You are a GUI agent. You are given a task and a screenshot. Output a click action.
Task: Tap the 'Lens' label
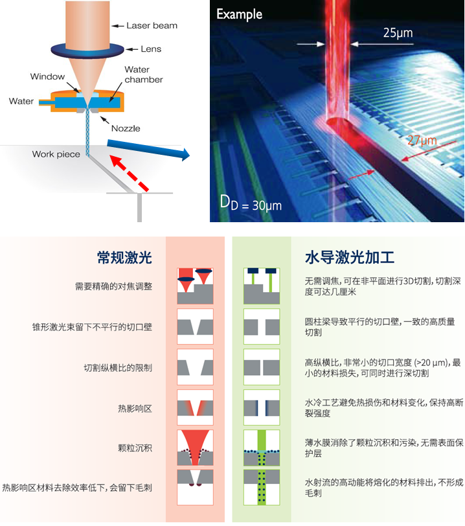point(150,49)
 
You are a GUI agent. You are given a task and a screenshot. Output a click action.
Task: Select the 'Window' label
point(48,77)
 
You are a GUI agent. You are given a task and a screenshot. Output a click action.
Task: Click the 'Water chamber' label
point(143,74)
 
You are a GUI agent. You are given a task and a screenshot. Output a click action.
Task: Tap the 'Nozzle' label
point(125,128)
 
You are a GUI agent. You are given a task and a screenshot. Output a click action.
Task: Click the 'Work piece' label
point(56,154)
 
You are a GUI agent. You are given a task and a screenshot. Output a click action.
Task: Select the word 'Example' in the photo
point(240,14)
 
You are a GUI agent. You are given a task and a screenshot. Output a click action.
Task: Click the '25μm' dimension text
point(396,32)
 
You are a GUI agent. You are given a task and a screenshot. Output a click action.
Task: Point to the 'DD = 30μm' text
point(250,205)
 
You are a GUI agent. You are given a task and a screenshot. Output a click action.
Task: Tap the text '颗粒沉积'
point(135,448)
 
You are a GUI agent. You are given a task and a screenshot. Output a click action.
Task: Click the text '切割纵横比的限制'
point(118,367)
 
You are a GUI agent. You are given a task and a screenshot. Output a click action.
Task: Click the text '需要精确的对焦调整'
point(113,286)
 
